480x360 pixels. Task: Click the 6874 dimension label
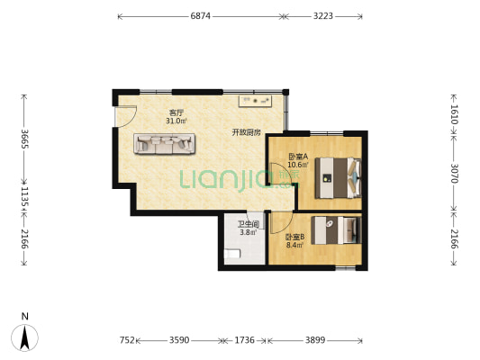[x=201, y=16]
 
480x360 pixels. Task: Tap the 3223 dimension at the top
[x=323, y=16]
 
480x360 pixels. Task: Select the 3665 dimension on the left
[x=24, y=139]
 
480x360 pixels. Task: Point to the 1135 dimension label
[x=24, y=197]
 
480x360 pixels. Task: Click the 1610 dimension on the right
[x=454, y=114]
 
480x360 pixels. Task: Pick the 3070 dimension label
[x=454, y=174]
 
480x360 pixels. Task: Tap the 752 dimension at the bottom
[x=127, y=340]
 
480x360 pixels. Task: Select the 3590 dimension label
[x=179, y=340]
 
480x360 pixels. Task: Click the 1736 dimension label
[x=244, y=340]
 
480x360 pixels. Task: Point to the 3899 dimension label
[x=315, y=340]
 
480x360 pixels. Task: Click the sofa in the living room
[x=164, y=143]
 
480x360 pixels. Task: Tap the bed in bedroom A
[x=339, y=177]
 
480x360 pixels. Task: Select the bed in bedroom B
[x=336, y=230]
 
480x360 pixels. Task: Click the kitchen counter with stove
[x=255, y=101]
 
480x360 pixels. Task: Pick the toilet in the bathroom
[x=232, y=254]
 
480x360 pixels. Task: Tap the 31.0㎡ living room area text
[x=176, y=121]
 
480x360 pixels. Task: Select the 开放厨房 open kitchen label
[x=246, y=132]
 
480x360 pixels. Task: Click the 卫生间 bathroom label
[x=249, y=224]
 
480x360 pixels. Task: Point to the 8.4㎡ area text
[x=294, y=245]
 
